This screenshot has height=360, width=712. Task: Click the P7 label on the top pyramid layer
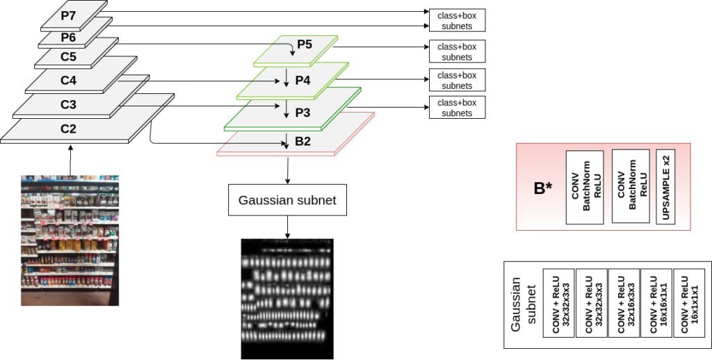click(x=67, y=15)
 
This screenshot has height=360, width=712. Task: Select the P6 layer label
click(x=67, y=38)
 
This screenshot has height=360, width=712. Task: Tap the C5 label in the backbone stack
click(x=67, y=57)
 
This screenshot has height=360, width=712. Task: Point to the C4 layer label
click(x=68, y=81)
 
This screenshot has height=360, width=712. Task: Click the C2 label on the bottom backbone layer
click(x=68, y=129)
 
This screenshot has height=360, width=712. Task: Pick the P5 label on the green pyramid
click(x=305, y=45)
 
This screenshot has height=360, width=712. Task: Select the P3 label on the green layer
click(x=302, y=112)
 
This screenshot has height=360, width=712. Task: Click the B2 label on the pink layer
click(x=302, y=141)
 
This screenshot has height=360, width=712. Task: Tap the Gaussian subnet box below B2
click(x=287, y=200)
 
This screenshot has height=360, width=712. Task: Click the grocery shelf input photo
click(x=70, y=240)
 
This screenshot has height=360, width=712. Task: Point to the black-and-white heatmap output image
click(x=287, y=299)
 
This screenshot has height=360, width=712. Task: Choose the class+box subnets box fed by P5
click(x=457, y=51)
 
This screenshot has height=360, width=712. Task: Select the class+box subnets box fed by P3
click(x=457, y=107)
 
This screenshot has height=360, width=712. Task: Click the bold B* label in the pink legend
click(x=542, y=187)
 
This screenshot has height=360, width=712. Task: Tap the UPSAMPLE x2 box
click(x=666, y=187)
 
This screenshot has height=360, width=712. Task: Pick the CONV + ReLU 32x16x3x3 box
click(x=624, y=304)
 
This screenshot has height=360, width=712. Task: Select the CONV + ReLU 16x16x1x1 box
click(x=656, y=304)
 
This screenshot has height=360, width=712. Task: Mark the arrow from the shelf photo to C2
click(x=70, y=160)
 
